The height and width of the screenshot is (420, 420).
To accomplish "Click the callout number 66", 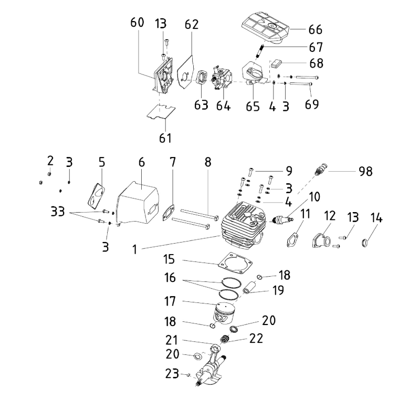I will pyautogui.click(x=315, y=29).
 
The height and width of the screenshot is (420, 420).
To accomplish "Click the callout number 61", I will pyautogui.click(x=165, y=138).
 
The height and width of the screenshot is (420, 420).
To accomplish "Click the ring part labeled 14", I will pyautogui.click(x=366, y=243).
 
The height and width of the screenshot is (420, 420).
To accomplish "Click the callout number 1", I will pyautogui.click(x=134, y=250).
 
